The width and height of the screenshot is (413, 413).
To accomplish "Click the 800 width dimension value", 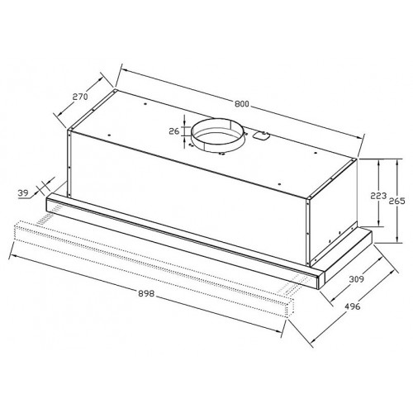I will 241,104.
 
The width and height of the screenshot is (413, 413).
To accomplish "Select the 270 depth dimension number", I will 81,97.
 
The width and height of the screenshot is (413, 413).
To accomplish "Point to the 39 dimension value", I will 24,193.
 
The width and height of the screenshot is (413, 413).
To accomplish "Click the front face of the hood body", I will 190,182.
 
